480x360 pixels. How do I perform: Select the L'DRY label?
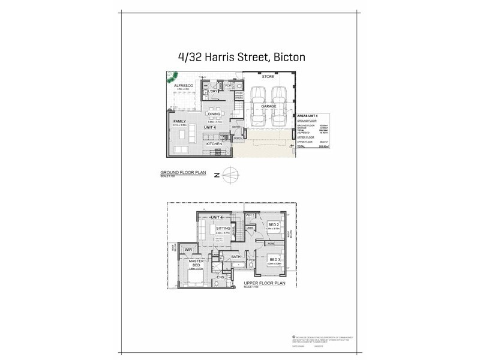[213, 91]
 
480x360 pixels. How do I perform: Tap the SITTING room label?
[223, 229]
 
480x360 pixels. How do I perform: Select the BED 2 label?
[274, 224]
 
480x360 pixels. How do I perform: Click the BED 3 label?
[274, 259]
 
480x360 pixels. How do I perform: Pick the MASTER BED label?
[196, 265]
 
